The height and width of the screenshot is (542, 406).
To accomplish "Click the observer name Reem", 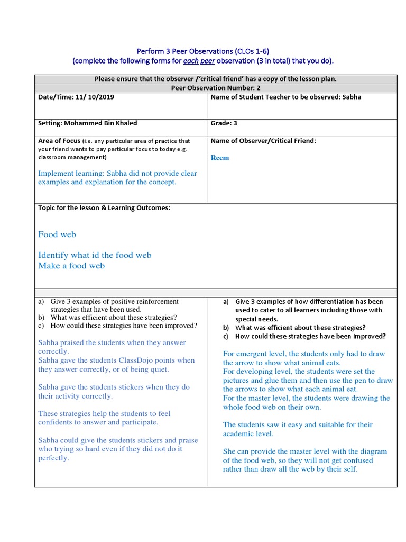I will tap(220, 158).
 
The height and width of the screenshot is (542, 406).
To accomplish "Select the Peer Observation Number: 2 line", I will tap(215, 88).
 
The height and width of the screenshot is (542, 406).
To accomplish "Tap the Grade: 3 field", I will tap(224, 123).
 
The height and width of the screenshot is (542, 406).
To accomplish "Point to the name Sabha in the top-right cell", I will tap(351, 97).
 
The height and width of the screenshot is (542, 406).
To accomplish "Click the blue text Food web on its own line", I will tap(57, 234).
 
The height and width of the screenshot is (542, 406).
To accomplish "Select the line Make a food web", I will tap(71, 266).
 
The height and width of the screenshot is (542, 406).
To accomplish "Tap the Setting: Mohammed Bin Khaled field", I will tap(87, 123).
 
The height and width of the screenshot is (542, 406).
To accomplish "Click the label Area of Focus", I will tap(59, 141).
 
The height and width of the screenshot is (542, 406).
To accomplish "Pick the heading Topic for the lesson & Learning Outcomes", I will tap(104, 208).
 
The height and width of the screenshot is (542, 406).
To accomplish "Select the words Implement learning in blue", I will tap(71, 173).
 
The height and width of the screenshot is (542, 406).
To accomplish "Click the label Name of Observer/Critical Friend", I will tap(263, 141).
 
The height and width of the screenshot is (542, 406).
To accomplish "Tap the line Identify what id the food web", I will tap(95, 255).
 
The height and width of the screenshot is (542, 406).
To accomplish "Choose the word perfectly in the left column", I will tap(53, 458).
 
